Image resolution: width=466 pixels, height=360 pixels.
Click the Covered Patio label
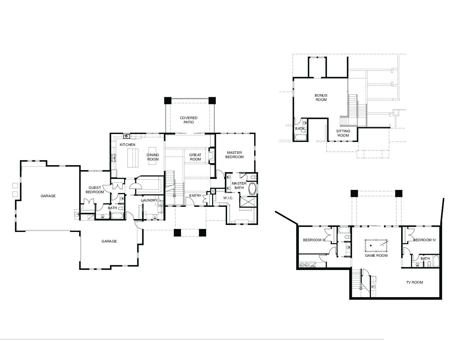click(189, 120)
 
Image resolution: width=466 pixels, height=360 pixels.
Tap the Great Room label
click(195, 157)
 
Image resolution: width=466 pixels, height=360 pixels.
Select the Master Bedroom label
click(234, 155)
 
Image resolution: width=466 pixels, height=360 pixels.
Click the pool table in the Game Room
click(376, 245)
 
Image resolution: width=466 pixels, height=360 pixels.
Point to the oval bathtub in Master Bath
click(253, 189)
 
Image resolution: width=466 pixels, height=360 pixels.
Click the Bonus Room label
click(321, 97)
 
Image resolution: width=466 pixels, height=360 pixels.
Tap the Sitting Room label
click(343, 133)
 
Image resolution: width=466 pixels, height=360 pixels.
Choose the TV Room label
click(414, 282)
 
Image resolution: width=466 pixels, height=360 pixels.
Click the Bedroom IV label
click(425, 240)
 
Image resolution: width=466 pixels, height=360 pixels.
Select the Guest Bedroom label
click(95, 190)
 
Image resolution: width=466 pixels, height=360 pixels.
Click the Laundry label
click(149, 200)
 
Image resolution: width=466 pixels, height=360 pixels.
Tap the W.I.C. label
click(228, 198)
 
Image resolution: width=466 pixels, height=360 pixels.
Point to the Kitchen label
click(127, 145)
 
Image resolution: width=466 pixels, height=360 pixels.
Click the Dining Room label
click(153, 157)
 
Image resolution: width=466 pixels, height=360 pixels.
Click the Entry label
click(195, 196)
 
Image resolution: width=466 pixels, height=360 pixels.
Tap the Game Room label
click(376, 255)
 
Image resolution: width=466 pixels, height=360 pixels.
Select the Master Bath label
click(239, 186)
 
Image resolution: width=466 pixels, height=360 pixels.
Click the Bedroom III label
click(314, 240)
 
